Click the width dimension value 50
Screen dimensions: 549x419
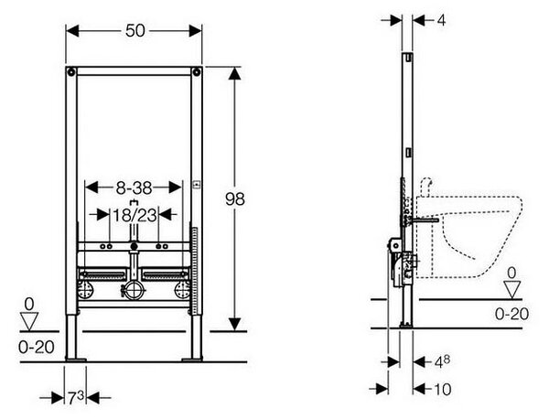pyautogui.click(x=135, y=31)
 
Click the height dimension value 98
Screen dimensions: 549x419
pyautogui.click(x=235, y=199)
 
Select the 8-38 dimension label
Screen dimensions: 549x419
pyautogui.click(x=134, y=188)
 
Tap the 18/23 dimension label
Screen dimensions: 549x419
pyautogui.click(x=135, y=215)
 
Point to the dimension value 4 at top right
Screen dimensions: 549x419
pyautogui.click(x=442, y=20)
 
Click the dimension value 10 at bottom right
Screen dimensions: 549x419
pyautogui.click(x=443, y=389)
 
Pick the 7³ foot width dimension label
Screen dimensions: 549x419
pyautogui.click(x=76, y=398)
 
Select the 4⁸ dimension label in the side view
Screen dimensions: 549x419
pyautogui.click(x=442, y=362)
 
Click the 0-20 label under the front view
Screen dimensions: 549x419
pyautogui.click(x=37, y=348)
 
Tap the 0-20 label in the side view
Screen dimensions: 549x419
pyautogui.click(x=511, y=314)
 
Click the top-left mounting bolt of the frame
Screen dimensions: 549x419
pyautogui.click(x=71, y=72)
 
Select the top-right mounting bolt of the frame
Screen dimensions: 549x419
pyautogui.click(x=197, y=72)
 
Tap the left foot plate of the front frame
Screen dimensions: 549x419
pyautogui.click(x=76, y=360)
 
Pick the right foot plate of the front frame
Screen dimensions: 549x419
pyautogui.click(x=192, y=360)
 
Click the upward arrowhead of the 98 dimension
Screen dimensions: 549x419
pyautogui.click(x=235, y=74)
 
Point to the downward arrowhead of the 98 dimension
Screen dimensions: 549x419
pyautogui.click(x=235, y=324)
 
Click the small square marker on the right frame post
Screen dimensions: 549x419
pyautogui.click(x=197, y=183)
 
